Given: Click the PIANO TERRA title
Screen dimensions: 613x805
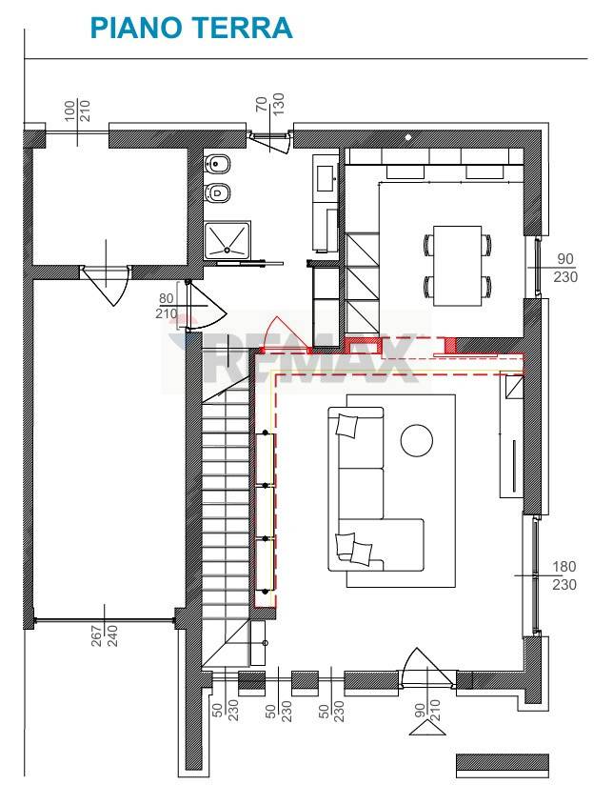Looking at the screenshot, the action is (190, 28).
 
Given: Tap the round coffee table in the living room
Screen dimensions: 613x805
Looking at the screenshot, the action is (417, 440).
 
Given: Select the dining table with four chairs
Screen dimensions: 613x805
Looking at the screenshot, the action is (458, 266).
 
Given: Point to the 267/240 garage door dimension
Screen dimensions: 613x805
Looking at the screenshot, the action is (105, 629).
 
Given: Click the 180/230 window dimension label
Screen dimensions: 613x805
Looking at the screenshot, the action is (564, 575).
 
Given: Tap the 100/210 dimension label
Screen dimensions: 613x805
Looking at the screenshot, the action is (77, 111).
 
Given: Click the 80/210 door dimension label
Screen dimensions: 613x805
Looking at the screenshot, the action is (167, 306).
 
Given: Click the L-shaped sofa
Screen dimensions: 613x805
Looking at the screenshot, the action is (376, 489).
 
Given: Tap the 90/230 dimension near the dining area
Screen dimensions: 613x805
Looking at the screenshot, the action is (565, 268).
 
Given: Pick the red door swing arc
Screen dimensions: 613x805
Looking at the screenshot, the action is (284, 332).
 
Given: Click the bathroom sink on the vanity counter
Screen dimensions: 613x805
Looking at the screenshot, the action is (326, 177).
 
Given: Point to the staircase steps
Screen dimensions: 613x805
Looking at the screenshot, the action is (226, 510).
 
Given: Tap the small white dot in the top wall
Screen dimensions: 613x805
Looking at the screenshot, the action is (408, 137).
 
